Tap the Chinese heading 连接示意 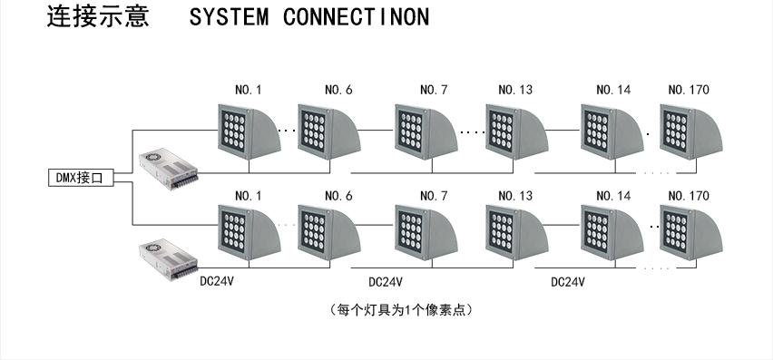pos(97,18)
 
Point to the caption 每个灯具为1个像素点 pos(401,310)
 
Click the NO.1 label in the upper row pos(248,90)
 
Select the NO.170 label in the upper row pos(688,90)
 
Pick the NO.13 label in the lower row pos(514,196)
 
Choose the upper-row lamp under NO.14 pos(612,132)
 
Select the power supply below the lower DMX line pos(167,261)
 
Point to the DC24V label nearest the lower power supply pos(218,281)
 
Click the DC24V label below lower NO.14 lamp pos(568,281)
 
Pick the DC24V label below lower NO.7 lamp pos(386,281)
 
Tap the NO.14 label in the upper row pos(612,90)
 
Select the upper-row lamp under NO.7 pos(425,132)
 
